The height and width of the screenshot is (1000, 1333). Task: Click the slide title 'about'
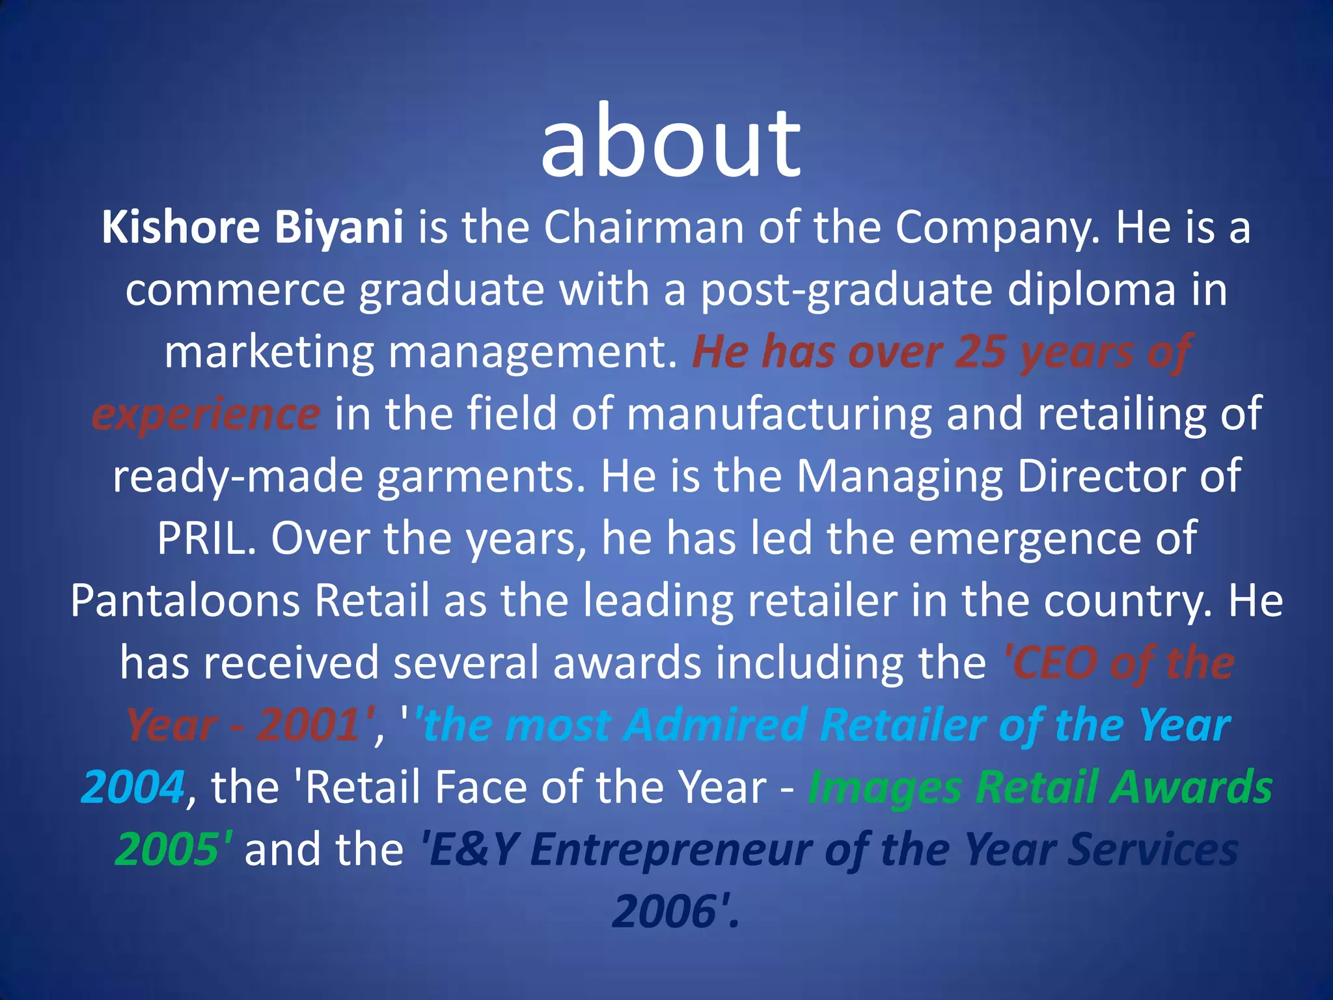click(670, 142)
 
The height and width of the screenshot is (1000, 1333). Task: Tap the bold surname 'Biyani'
click(338, 228)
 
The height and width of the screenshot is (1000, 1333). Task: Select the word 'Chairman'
click(643, 228)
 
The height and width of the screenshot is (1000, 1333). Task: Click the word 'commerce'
click(235, 290)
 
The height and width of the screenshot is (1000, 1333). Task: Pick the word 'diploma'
click(1092, 290)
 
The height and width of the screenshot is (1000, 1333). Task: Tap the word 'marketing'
click(269, 353)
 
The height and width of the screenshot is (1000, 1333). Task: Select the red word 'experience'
click(206, 415)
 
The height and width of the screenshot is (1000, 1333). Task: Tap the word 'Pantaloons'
click(185, 601)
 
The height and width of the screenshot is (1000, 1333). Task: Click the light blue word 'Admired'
click(715, 725)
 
